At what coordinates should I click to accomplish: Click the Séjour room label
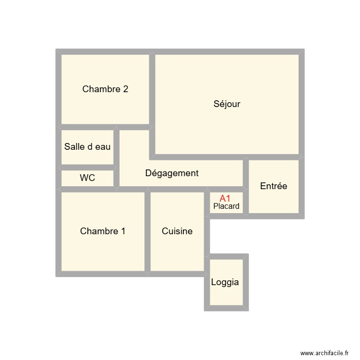pos(227,104)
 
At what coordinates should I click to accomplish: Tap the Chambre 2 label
pos(105,89)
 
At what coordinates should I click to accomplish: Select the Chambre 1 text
pos(103,231)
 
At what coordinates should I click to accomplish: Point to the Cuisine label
pos(177,231)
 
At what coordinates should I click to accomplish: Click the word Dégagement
pos(172,173)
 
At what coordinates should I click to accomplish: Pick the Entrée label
pos(274,186)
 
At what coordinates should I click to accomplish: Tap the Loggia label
pos(225,282)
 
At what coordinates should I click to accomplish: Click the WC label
pos(87,178)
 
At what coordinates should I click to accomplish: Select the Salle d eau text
pos(87,147)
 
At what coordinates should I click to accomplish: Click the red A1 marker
pos(225,198)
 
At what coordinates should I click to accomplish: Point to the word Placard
pos(226,206)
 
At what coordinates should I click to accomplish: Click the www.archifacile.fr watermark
pos(324,353)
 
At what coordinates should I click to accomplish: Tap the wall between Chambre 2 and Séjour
pos(152,89)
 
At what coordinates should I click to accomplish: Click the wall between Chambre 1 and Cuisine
pos(148,231)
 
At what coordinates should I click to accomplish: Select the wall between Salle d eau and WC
pos(87,168)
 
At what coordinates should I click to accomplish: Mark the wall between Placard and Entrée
pos(246,202)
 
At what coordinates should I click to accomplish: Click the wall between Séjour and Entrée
pos(274,157)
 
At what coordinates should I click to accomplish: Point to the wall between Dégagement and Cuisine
pos(177,189)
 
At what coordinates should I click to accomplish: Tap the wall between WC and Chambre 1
pos(87,189)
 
